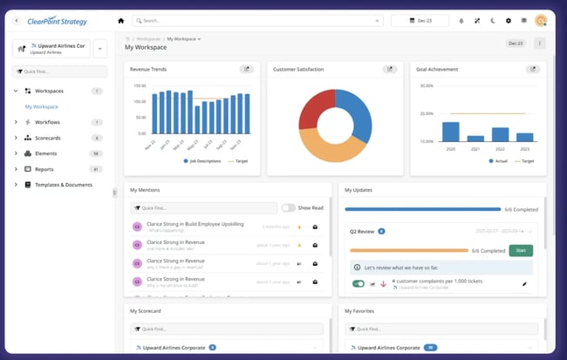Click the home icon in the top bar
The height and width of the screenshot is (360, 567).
pos(120,20)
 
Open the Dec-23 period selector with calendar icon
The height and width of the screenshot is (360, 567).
pos(420,20)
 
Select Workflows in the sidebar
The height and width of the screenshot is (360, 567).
pos(48,122)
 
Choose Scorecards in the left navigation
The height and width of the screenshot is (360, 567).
pos(50,138)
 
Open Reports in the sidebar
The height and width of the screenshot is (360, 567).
pos(44,169)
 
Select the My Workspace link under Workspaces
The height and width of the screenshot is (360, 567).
pos(41,106)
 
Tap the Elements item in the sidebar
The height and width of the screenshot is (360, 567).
pos(46,153)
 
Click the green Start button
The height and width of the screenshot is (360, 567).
pos(521,251)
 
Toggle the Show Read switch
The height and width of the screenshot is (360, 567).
pos(288,207)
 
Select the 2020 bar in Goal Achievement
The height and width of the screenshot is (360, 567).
pos(450,132)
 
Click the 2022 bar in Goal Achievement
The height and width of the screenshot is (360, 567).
pos(500,134)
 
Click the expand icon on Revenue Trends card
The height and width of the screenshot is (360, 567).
pos(247,69)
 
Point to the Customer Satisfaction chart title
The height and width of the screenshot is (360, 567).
pos(298,69)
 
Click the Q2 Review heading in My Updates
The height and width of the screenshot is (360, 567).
pos(361,232)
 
